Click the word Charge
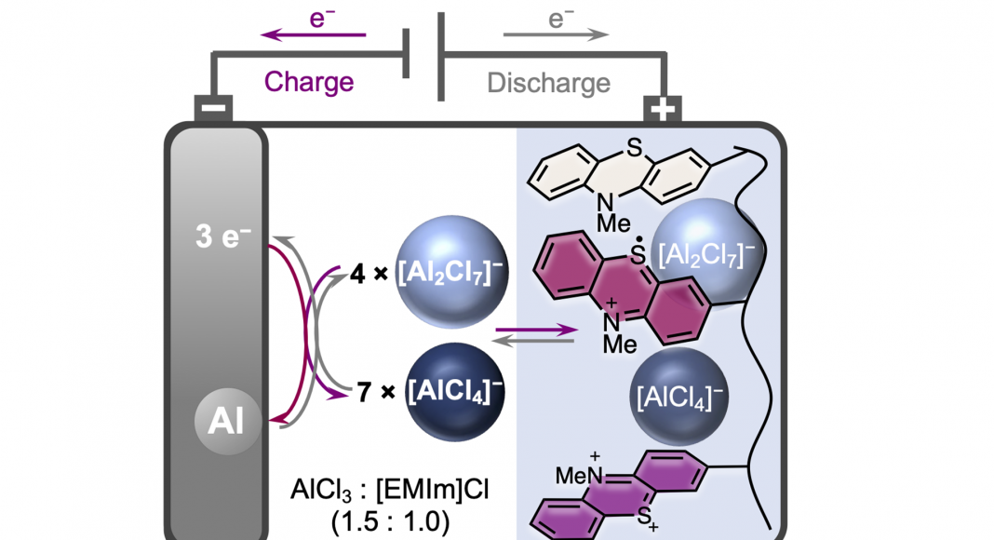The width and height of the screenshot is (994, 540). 309,82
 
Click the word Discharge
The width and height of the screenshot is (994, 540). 549,83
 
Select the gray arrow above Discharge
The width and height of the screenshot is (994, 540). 556,35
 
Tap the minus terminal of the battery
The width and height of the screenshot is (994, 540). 213,110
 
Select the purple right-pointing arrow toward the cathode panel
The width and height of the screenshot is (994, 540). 534,328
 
